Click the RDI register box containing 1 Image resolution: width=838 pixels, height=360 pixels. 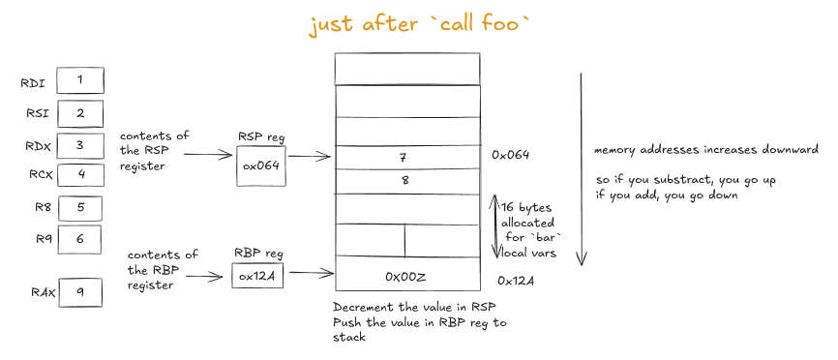[80, 80]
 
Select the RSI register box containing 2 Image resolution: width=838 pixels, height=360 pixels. [80, 113]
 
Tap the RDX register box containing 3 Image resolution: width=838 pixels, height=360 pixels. [80, 145]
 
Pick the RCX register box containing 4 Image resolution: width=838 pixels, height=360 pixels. [81, 174]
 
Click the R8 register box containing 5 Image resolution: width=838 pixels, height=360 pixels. [81, 206]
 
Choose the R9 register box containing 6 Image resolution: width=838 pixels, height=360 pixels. [81, 238]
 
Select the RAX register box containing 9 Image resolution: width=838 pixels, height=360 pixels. [80, 290]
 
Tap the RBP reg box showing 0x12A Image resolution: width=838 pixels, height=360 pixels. [258, 276]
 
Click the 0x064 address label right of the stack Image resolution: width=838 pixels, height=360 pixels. [512, 155]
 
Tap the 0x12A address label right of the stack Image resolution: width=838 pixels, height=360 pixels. [516, 281]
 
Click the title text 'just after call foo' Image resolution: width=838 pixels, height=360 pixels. [420, 25]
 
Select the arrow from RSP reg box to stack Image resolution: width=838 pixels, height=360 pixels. [309, 155]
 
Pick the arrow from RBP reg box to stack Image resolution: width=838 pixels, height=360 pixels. [309, 274]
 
